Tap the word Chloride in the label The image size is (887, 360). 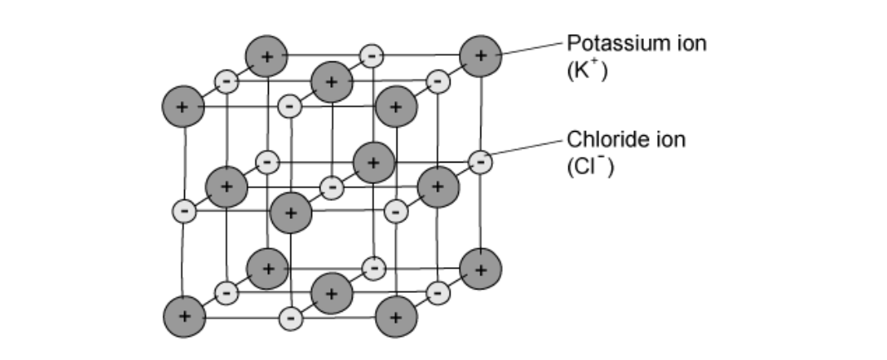(603, 139)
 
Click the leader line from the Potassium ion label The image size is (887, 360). (531, 48)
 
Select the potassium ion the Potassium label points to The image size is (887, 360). (480, 56)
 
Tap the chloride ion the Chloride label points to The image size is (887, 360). (480, 162)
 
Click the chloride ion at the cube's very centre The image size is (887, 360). (331, 187)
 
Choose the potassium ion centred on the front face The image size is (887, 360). (290, 212)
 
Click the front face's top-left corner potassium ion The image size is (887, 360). (183, 107)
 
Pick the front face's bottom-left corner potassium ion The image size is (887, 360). (183, 317)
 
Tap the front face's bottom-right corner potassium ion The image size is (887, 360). (396, 317)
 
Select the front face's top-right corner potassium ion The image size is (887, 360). (396, 107)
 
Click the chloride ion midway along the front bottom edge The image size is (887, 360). (290, 317)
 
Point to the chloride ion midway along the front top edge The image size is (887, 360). (290, 106)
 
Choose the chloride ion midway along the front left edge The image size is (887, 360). (184, 211)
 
